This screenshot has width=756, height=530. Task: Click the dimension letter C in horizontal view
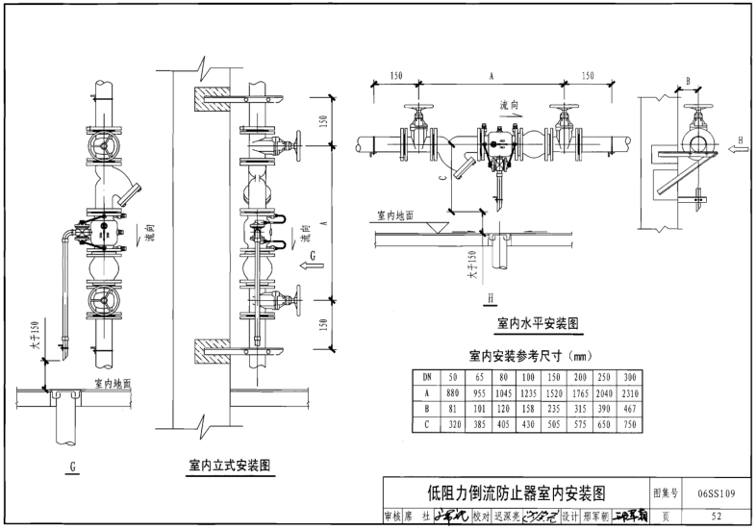(x=442, y=178)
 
